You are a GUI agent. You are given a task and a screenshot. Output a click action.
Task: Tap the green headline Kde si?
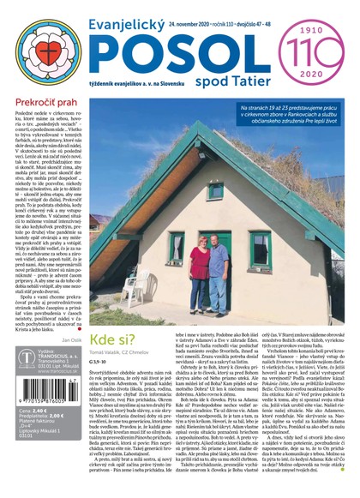[120, 316]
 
